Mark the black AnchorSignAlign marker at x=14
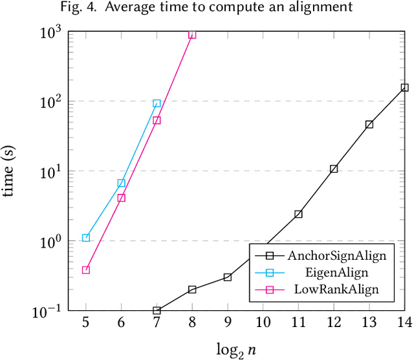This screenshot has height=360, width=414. click(404, 88)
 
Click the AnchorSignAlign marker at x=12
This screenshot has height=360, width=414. click(334, 169)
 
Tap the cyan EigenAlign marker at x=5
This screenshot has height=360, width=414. click(86, 238)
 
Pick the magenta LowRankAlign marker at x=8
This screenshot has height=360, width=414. click(192, 34)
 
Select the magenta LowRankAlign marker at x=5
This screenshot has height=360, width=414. click(86, 270)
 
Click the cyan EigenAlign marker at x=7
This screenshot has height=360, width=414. click(157, 103)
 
